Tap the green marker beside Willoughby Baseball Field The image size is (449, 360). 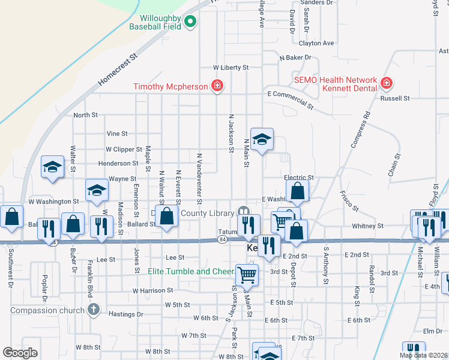[191, 23]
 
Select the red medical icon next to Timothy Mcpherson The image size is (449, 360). [217, 86]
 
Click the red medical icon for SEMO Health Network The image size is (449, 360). [386, 82]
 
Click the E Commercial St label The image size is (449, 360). [291, 99]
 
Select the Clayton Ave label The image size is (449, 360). [316, 43]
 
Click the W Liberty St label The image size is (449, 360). [231, 68]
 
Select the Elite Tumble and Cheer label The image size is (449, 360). [191, 271]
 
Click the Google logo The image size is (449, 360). [20, 353]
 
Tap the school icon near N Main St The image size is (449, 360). [261, 140]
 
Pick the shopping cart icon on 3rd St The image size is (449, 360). [247, 275]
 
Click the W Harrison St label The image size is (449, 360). [152, 290]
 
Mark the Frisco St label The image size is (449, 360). [349, 201]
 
